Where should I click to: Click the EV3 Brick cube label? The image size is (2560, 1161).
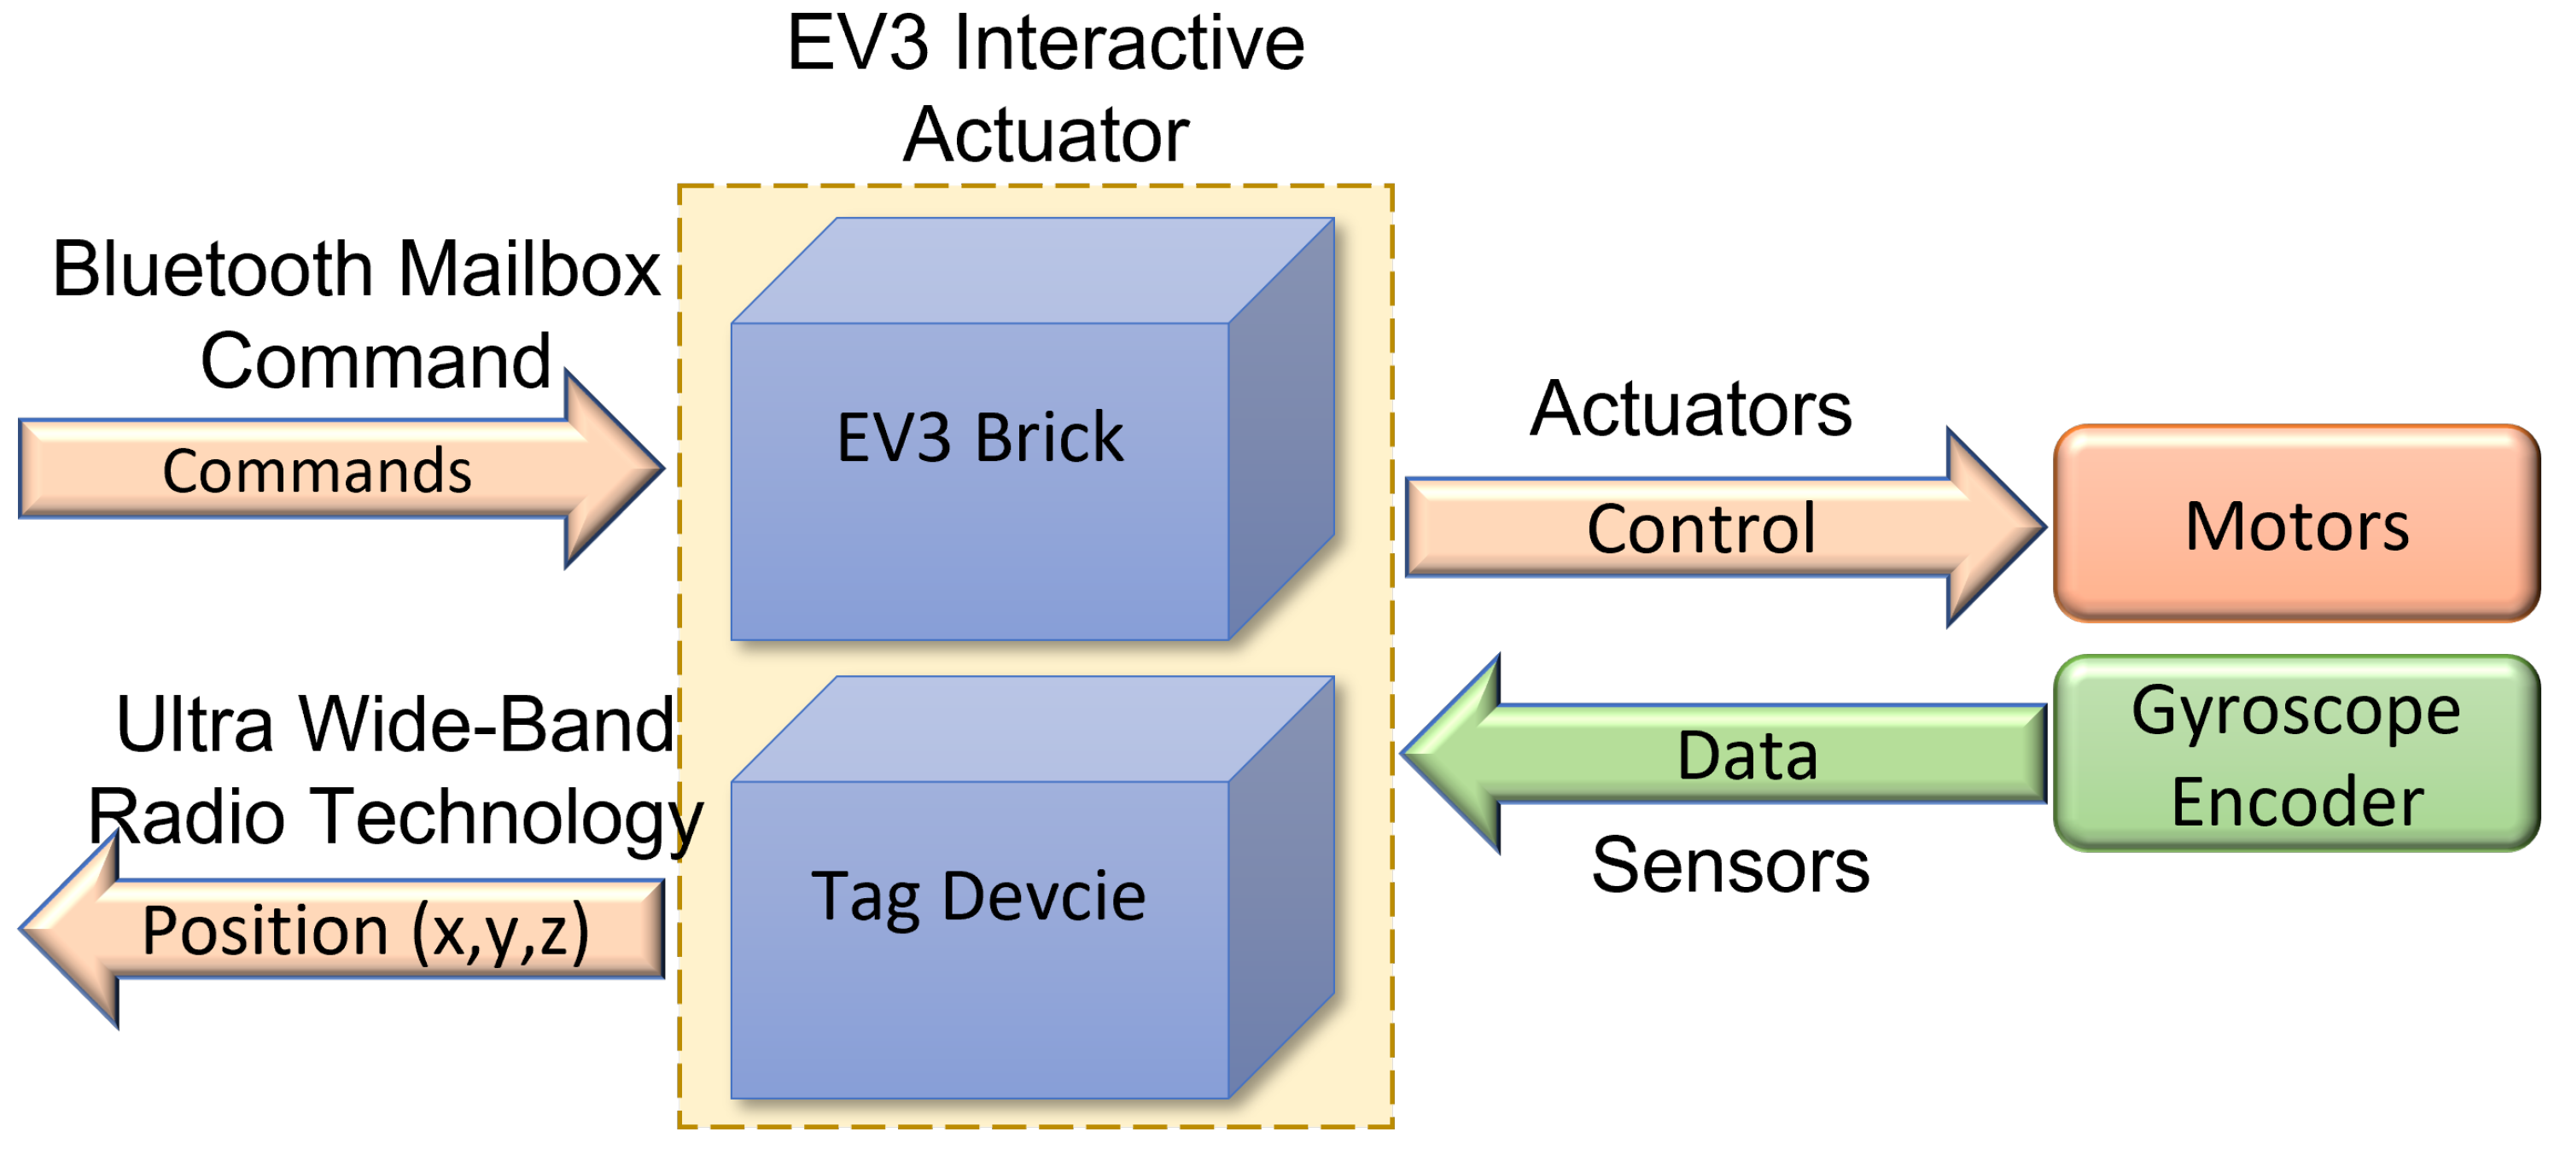979,437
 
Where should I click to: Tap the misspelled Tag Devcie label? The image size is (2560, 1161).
978,896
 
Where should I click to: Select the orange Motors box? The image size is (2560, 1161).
2295,525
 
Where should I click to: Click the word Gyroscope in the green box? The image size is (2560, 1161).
2295,712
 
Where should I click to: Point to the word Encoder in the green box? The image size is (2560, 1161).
2295,802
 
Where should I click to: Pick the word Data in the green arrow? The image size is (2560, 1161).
1747,756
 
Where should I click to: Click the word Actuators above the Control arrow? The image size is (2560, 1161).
1690,409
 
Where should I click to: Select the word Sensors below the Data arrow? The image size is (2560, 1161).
1729,865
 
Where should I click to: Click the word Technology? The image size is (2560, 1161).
507,817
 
